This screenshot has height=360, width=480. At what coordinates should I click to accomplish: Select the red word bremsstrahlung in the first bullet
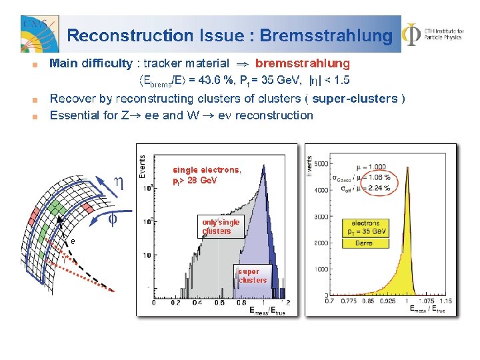302,64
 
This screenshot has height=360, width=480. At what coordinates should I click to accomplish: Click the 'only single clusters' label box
220,226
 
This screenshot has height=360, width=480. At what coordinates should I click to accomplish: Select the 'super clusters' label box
252,275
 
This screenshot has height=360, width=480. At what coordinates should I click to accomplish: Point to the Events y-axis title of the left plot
142,167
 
